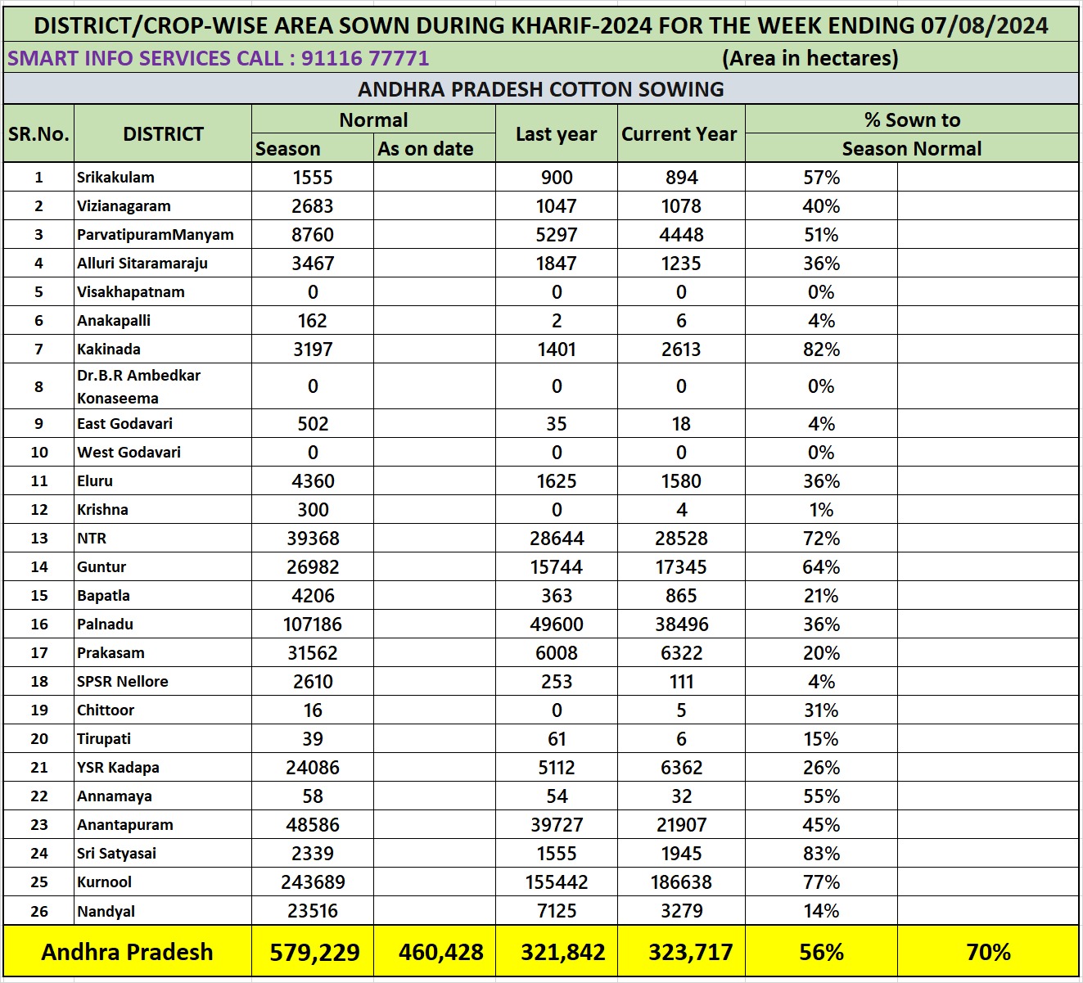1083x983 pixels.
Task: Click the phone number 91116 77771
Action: (365, 58)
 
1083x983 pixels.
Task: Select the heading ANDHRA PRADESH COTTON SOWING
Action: (541, 89)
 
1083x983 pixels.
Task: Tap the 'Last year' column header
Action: (556, 134)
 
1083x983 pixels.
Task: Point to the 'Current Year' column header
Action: (679, 134)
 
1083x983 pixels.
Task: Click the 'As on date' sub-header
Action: (426, 149)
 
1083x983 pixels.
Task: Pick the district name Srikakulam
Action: (115, 178)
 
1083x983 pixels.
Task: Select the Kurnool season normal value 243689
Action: (313, 882)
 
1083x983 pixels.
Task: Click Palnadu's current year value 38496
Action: (681, 625)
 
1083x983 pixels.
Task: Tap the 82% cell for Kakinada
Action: (821, 349)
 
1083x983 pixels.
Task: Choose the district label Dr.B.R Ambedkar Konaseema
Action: (138, 386)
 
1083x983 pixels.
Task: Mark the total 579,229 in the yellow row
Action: (314, 952)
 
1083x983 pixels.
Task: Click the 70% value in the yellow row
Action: (988, 952)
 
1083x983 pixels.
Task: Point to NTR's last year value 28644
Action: (557, 539)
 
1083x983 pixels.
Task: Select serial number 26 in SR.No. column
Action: (38, 911)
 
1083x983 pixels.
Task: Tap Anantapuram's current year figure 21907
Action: (681, 825)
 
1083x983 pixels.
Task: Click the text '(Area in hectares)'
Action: (810, 58)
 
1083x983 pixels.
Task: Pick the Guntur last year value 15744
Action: (557, 567)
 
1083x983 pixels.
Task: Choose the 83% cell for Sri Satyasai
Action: (821, 854)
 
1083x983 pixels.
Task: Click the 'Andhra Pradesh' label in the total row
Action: (127, 952)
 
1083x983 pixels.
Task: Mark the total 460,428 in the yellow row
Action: (440, 952)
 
